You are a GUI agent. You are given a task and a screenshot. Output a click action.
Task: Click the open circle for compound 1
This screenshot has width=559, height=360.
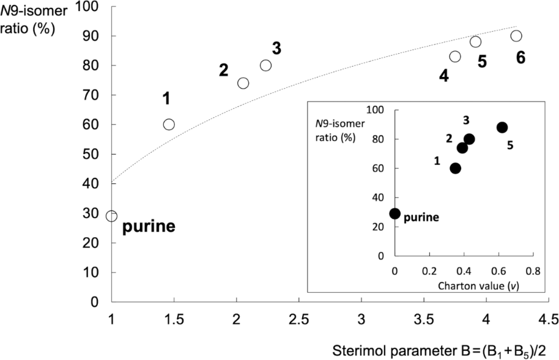(169, 124)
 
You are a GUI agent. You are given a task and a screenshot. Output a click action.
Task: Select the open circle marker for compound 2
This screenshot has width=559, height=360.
(243, 83)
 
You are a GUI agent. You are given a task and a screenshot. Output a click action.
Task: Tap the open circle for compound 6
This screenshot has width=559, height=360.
(516, 35)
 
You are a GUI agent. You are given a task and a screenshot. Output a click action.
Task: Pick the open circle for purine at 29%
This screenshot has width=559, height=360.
(111, 216)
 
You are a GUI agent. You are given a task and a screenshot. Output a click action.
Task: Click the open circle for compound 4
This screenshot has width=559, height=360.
(455, 56)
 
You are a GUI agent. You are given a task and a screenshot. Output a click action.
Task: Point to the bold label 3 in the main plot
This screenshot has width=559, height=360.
(276, 50)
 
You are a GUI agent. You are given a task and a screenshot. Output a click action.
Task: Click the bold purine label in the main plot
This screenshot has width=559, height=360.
(149, 227)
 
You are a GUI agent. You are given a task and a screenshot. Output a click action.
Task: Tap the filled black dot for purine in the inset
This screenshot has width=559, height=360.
(395, 213)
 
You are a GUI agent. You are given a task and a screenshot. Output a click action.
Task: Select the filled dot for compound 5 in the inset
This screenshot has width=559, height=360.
(502, 127)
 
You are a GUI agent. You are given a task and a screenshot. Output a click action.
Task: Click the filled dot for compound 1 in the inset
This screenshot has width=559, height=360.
(455, 168)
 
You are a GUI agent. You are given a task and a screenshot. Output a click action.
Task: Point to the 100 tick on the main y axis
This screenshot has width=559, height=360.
(97, 7)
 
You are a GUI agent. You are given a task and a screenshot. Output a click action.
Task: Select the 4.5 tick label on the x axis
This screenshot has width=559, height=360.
(547, 319)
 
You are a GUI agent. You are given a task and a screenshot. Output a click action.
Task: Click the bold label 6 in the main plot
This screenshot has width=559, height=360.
(520, 57)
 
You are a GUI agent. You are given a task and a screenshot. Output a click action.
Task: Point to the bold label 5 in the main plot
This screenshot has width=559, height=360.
(481, 62)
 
